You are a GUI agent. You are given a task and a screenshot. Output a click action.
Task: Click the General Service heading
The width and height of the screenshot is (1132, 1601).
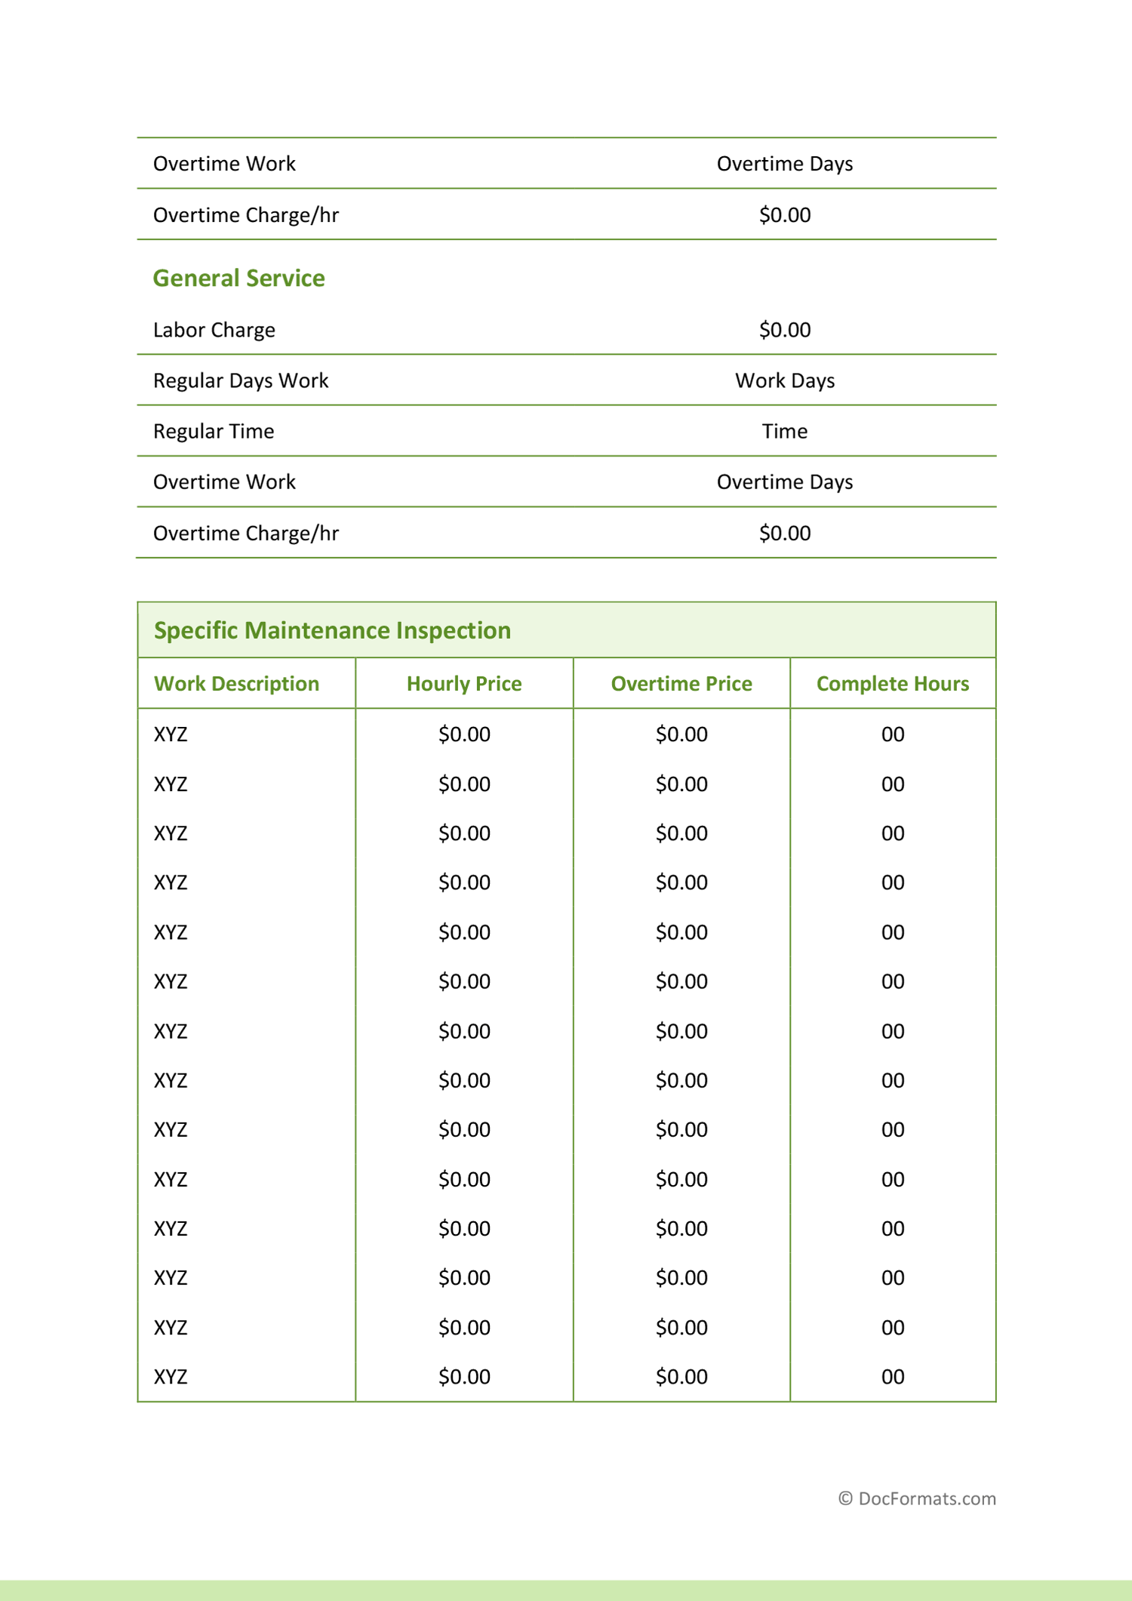pyautogui.click(x=238, y=279)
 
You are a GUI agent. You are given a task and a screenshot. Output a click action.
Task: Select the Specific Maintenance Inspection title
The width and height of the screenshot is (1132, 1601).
pyautogui.click(x=332, y=630)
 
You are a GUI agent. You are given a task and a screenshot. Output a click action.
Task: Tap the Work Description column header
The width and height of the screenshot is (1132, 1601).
pyautogui.click(x=236, y=684)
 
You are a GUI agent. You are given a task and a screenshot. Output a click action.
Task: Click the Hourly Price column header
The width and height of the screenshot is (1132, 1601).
pyautogui.click(x=464, y=684)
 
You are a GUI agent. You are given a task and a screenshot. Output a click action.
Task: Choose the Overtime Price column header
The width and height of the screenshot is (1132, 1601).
pyautogui.click(x=681, y=684)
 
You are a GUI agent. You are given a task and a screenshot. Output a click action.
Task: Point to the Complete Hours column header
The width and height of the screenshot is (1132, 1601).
pyautogui.click(x=893, y=684)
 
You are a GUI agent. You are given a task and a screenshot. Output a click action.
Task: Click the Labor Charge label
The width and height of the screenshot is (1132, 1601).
pyautogui.click(x=214, y=330)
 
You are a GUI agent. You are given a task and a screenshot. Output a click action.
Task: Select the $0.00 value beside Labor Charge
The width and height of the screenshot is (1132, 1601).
pyautogui.click(x=785, y=330)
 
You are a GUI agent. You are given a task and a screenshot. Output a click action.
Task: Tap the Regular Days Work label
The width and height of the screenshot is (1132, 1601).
pyautogui.click(x=241, y=380)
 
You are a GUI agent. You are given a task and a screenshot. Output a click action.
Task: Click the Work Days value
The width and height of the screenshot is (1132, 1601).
pyautogui.click(x=785, y=380)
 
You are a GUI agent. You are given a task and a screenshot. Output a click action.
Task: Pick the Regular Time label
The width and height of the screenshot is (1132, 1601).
pyautogui.click(x=214, y=431)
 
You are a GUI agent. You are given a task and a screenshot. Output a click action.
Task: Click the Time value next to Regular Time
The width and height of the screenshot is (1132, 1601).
pyautogui.click(x=785, y=431)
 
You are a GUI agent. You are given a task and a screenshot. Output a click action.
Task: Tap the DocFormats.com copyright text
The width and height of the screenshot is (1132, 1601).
pyautogui.click(x=917, y=1499)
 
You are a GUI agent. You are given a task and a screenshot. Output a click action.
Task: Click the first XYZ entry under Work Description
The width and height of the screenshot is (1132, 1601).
pyautogui.click(x=171, y=734)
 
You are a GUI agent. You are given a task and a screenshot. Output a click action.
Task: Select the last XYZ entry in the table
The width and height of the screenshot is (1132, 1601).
pyautogui.click(x=171, y=1377)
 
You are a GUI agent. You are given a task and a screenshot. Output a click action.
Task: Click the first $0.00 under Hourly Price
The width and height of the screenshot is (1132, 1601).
pyautogui.click(x=464, y=734)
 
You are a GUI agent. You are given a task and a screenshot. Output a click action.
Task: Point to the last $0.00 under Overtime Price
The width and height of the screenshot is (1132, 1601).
pyautogui.click(x=681, y=1377)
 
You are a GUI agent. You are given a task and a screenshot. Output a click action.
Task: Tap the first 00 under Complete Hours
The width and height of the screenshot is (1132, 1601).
pyautogui.click(x=893, y=734)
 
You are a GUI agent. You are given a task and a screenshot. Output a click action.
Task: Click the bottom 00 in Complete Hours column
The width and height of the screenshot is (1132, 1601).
pyautogui.click(x=893, y=1377)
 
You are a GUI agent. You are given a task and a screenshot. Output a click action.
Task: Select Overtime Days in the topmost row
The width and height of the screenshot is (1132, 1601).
pyautogui.click(x=785, y=164)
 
